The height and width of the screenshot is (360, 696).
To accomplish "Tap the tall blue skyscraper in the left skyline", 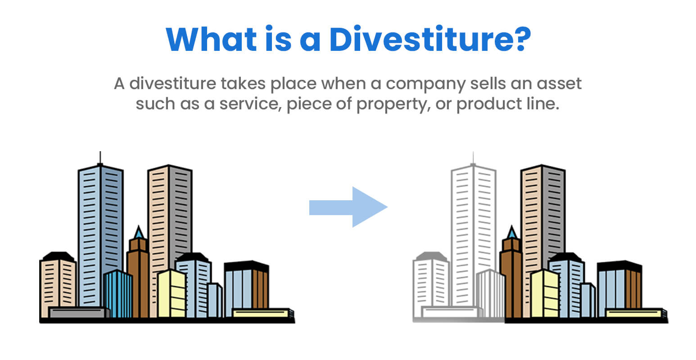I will [x=100, y=225].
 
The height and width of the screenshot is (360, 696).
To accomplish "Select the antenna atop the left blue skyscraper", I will [x=100, y=158].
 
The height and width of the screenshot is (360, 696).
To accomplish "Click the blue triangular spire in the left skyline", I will [x=138, y=233].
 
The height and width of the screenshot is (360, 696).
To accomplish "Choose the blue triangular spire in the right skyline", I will [x=511, y=233].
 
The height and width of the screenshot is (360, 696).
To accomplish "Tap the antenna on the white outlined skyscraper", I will [x=473, y=158].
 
